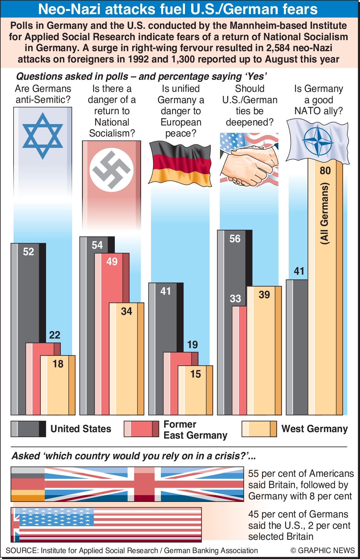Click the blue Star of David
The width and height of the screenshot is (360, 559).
(43, 136)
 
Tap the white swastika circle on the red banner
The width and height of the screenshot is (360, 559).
(111, 170)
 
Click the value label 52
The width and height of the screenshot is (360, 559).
(28, 252)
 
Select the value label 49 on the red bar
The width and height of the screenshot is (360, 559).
(112, 261)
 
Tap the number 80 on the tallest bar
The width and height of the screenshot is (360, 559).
(325, 171)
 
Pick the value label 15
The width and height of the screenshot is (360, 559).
(195, 374)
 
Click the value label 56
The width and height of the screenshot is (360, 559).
(235, 239)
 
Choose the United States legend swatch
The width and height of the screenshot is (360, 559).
(28, 429)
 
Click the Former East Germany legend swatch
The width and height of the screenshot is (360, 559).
(141, 429)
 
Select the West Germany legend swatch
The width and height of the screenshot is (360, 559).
(259, 429)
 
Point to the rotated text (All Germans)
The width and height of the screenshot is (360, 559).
(325, 213)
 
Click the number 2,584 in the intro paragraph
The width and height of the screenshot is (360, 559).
(278, 48)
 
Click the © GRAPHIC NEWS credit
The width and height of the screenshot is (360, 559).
(322, 550)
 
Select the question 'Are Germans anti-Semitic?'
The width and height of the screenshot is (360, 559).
(43, 94)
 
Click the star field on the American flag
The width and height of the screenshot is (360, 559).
(57, 517)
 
